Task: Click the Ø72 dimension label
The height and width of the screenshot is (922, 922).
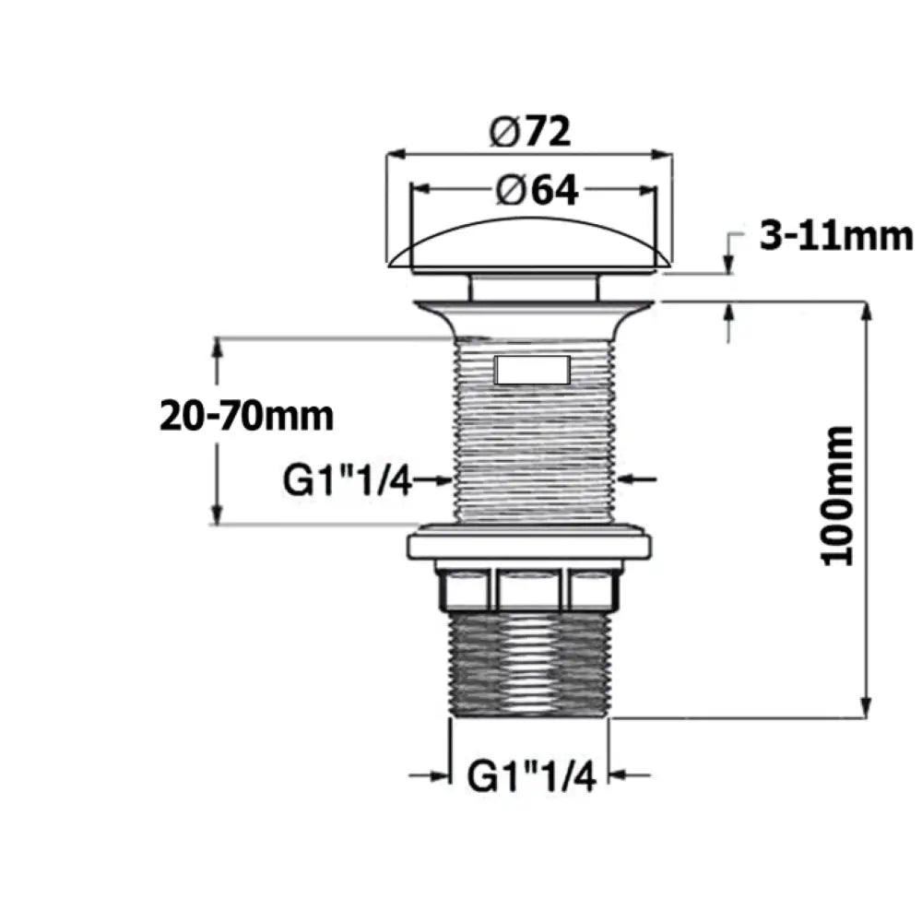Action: [530, 132]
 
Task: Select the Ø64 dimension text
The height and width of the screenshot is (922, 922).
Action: [537, 191]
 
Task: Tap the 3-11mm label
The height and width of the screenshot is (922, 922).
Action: [836, 237]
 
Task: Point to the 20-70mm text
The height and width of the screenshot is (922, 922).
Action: [246, 417]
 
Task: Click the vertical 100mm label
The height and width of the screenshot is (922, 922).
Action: [837, 496]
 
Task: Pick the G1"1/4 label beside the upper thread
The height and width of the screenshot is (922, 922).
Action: [347, 480]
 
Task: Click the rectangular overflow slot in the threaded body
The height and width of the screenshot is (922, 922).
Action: [533, 370]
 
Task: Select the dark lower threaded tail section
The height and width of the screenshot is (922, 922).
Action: [529, 665]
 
